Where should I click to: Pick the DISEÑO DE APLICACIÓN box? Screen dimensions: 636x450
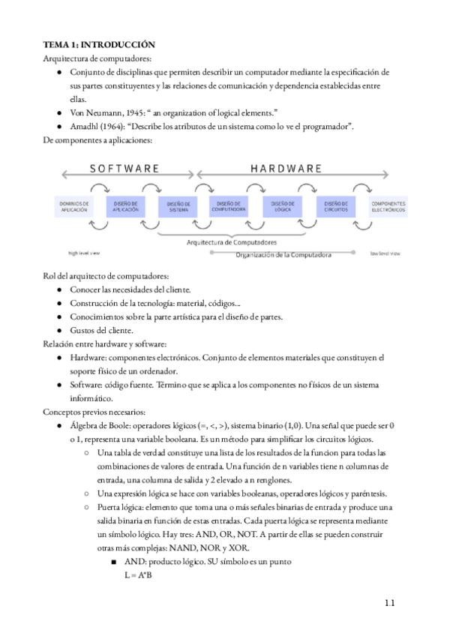tap(127, 206)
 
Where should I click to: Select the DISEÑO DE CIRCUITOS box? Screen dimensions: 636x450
tap(335, 206)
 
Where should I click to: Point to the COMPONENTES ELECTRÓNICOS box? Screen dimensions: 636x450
tap(388, 206)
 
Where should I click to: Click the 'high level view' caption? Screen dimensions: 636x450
tap(84, 253)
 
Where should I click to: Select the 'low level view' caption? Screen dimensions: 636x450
tap(385, 253)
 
